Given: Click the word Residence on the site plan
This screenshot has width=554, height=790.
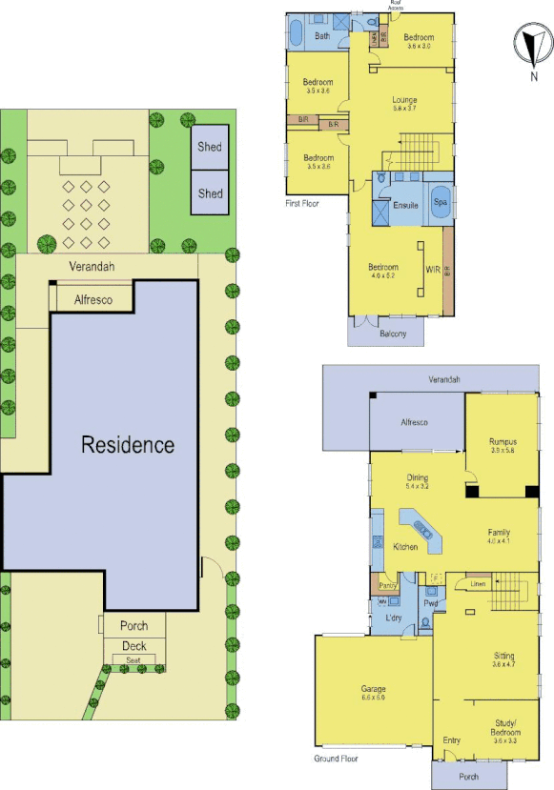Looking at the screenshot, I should [128, 444].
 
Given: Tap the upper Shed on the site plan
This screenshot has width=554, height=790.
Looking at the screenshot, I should [210, 147].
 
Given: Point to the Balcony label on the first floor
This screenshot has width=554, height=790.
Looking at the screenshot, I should [391, 333].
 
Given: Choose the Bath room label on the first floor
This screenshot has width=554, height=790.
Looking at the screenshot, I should [322, 35].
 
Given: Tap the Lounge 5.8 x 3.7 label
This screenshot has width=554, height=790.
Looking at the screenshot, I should [405, 103].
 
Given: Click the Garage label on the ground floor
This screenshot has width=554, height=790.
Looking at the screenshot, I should [373, 692].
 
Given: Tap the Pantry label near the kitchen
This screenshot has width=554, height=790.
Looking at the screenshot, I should [387, 585].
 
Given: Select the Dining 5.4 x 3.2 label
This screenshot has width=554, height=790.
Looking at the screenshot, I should [417, 482].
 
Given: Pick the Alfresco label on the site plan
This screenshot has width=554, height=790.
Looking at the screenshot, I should [94, 300].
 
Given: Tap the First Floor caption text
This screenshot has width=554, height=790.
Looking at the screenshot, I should [301, 203].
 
